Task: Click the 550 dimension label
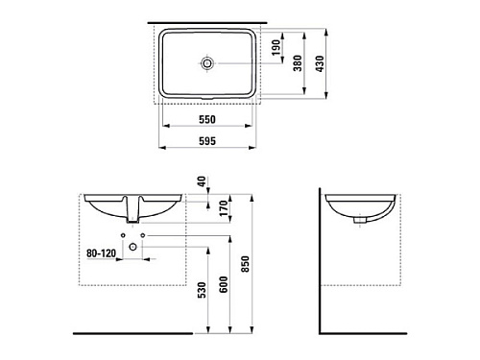(x=207, y=119)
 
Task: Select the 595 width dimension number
(x=207, y=141)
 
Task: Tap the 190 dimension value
(x=276, y=47)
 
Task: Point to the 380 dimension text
(x=298, y=63)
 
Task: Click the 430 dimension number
(x=320, y=63)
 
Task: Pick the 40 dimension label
(x=202, y=181)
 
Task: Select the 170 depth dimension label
(x=224, y=208)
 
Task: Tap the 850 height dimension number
(x=245, y=264)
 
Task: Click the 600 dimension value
(x=224, y=284)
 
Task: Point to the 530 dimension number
(x=202, y=290)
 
